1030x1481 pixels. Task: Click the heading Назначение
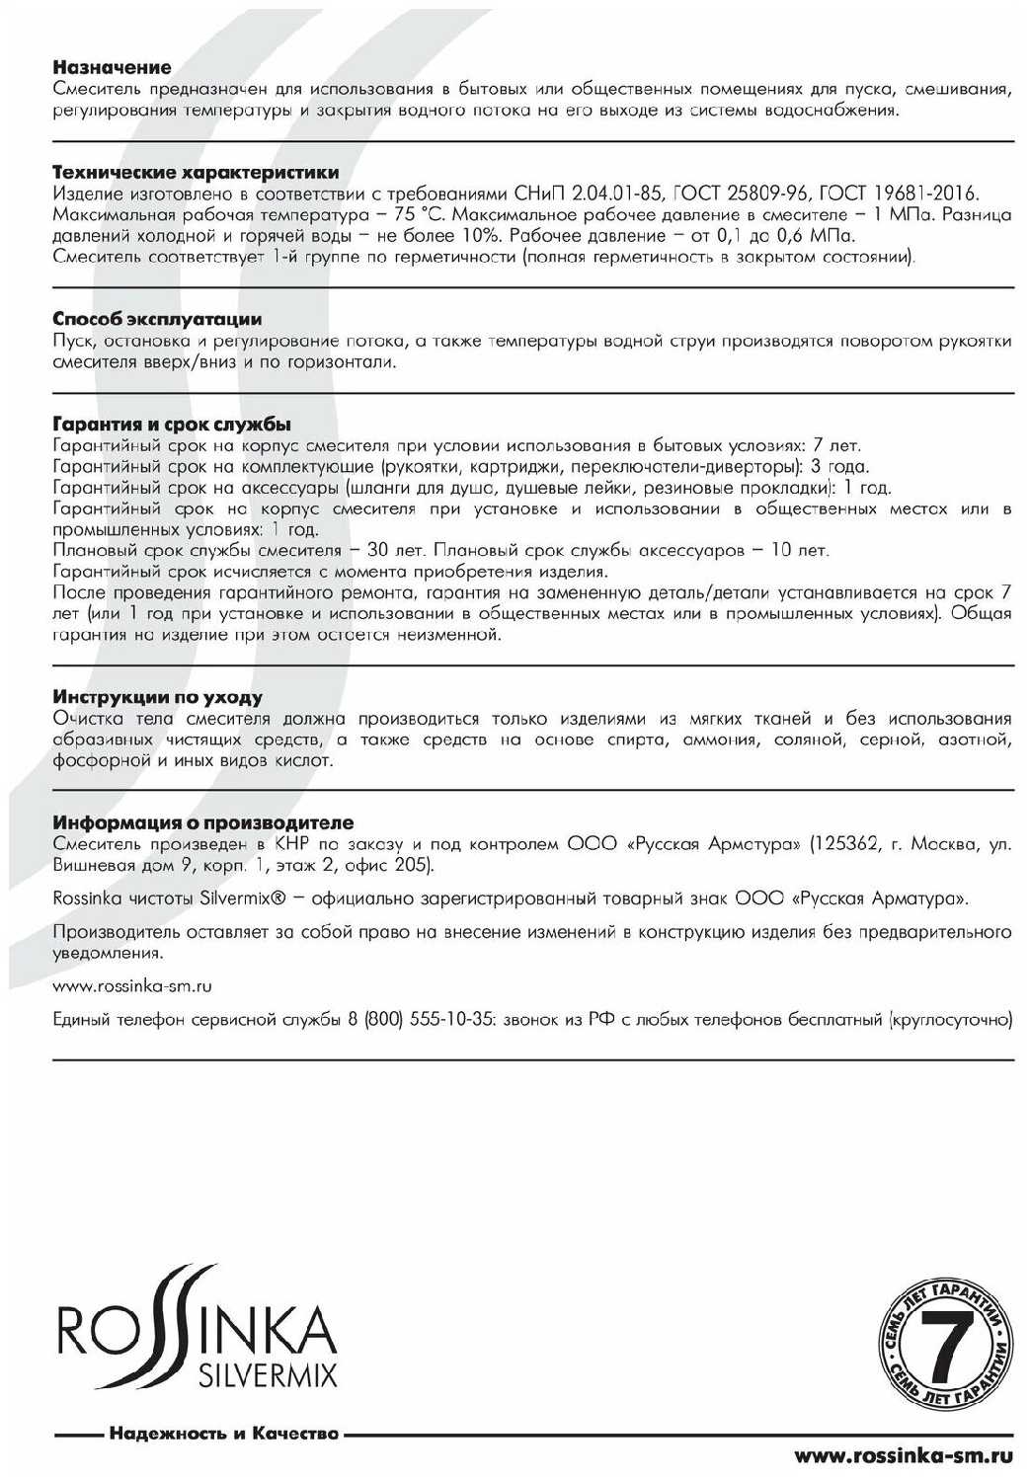(x=112, y=68)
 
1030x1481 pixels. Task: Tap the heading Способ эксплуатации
(x=157, y=319)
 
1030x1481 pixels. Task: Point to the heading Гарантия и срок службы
(x=171, y=426)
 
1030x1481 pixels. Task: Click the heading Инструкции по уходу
(x=157, y=697)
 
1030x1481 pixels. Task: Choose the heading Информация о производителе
(x=202, y=822)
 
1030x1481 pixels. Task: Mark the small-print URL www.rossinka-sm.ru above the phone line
(x=132, y=986)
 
